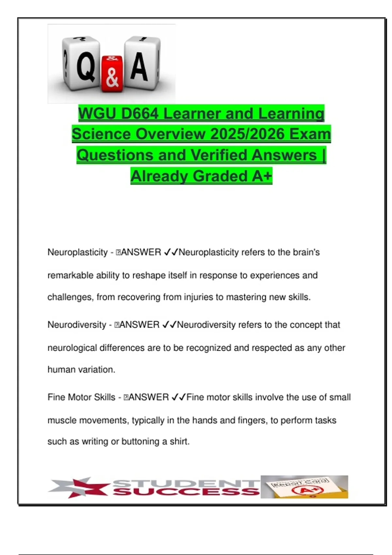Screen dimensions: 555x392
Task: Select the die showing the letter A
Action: click(141, 62)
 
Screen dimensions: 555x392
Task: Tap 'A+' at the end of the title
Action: click(262, 176)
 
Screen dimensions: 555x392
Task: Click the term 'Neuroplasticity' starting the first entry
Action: click(77, 252)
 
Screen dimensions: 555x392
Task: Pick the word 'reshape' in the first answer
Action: click(149, 276)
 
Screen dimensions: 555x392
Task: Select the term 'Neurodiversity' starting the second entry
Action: click(77, 325)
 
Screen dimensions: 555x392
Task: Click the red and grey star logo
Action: click(78, 487)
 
